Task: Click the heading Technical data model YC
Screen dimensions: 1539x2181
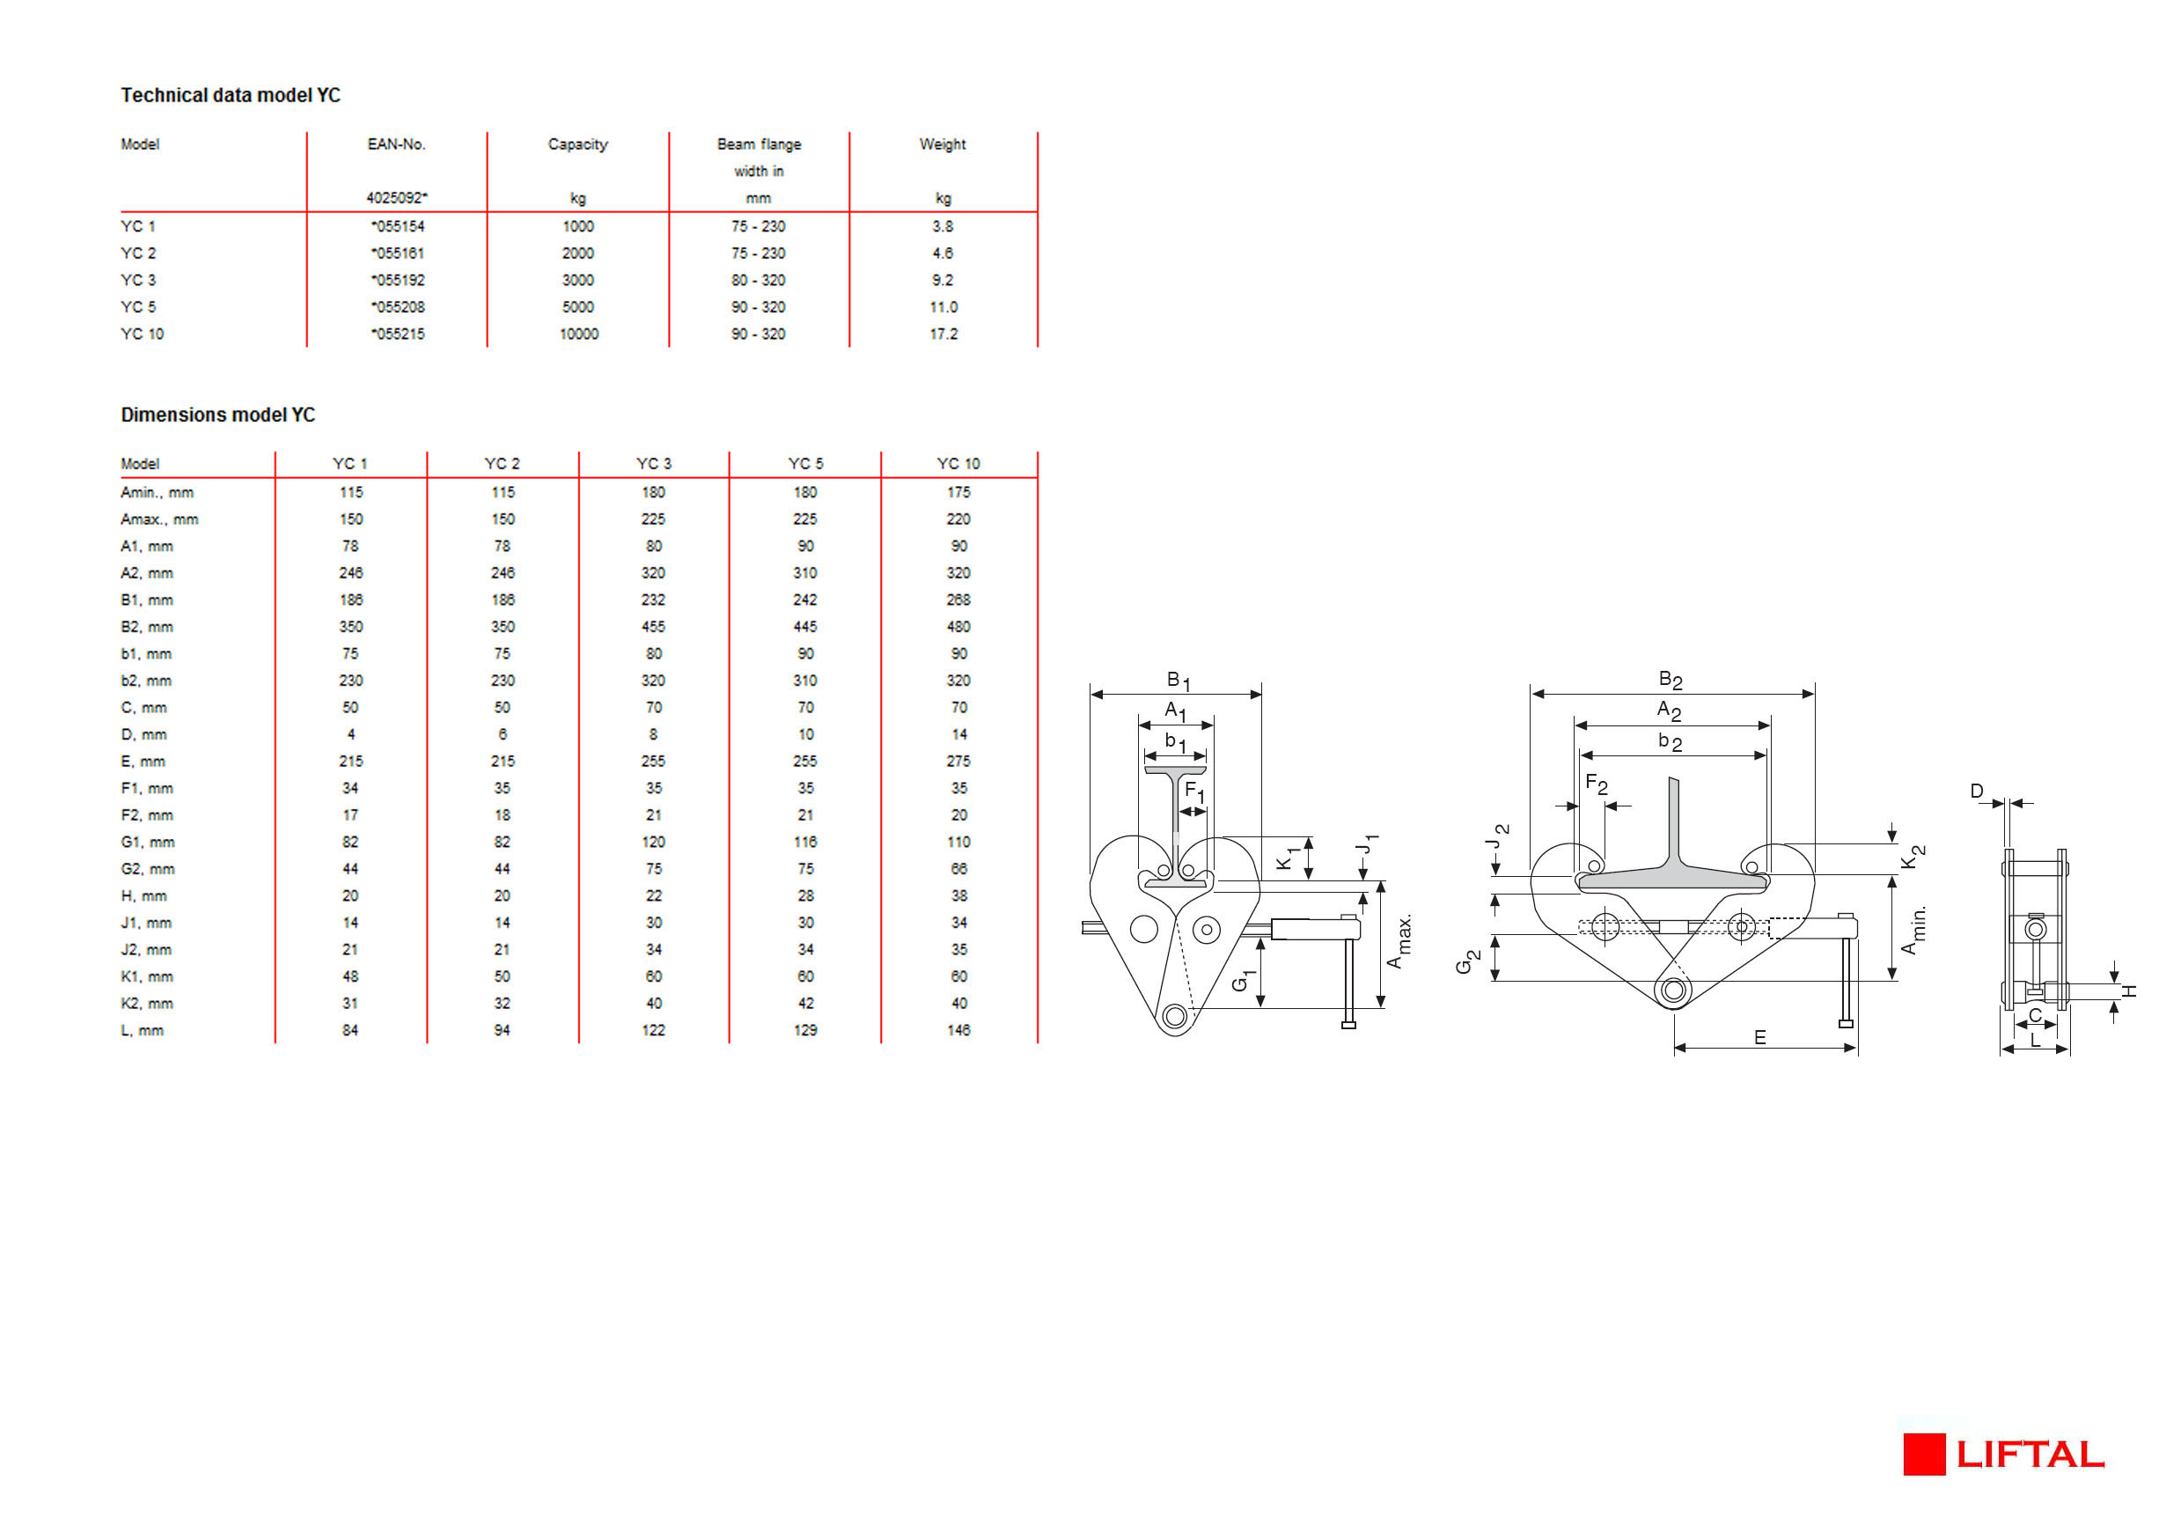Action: click(x=230, y=95)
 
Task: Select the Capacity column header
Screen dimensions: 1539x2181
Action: click(x=577, y=144)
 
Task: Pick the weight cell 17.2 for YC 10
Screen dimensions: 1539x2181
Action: click(x=944, y=335)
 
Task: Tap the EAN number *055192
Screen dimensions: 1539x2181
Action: click(x=398, y=280)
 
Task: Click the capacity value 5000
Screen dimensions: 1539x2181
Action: click(x=577, y=307)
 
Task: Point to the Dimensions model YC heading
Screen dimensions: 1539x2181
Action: click(x=217, y=416)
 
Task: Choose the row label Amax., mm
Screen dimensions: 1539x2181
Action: click(x=158, y=519)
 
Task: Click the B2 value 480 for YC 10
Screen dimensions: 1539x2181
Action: click(x=958, y=627)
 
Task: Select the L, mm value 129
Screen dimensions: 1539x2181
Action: click(x=805, y=1030)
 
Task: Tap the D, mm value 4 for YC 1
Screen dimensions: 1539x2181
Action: click(x=350, y=734)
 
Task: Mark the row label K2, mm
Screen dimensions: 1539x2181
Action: click(x=147, y=1003)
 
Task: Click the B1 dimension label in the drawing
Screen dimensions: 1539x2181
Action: click(x=1178, y=681)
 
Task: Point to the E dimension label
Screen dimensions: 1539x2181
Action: click(x=1760, y=1037)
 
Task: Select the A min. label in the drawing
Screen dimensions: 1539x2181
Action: click(x=1913, y=930)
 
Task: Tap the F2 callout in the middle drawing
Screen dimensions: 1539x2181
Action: click(x=1596, y=784)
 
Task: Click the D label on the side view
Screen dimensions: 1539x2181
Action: click(x=1977, y=792)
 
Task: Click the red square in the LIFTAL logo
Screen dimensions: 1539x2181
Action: click(x=1924, y=1454)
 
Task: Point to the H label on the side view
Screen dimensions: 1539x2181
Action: click(x=2131, y=991)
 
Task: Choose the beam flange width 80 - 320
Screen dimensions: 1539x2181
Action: click(x=758, y=280)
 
